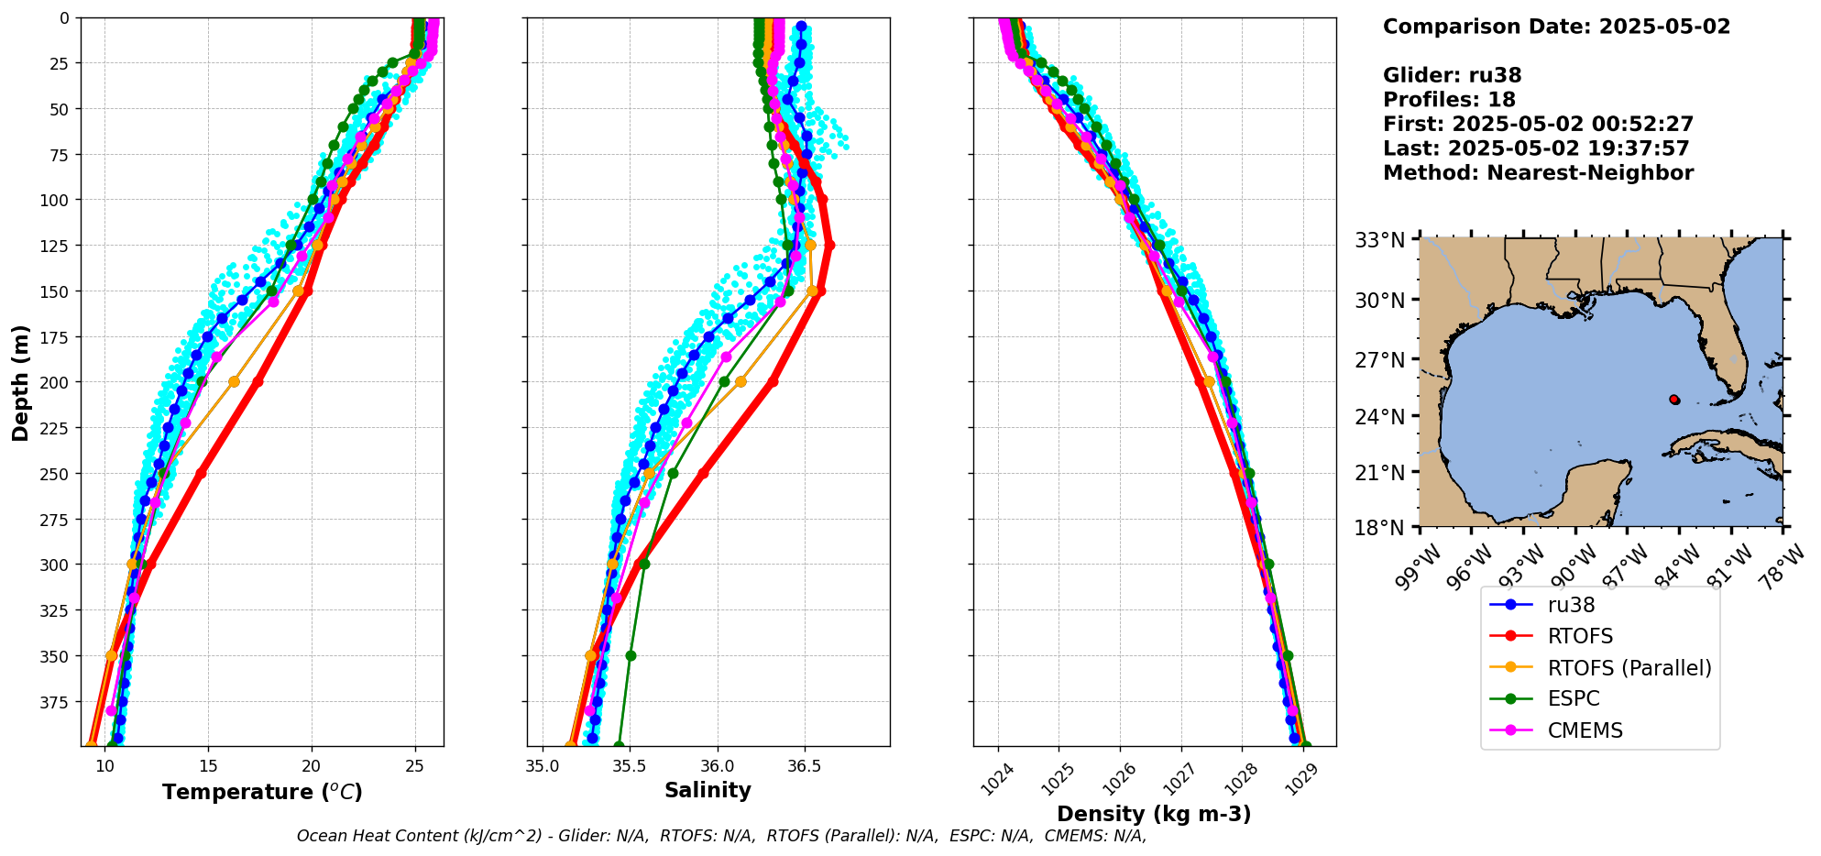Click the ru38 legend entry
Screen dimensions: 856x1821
[x=1571, y=605]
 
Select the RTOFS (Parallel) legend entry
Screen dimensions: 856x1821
[x=1629, y=668]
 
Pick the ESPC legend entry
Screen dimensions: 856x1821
[x=1573, y=698]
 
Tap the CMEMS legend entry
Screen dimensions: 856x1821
[x=1585, y=730]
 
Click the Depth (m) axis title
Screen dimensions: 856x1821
[x=21, y=382]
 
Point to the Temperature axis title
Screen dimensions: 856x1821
[x=262, y=792]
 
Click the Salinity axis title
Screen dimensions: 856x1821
[x=708, y=790]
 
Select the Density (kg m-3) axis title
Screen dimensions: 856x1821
[x=1153, y=814]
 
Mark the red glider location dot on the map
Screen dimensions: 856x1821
[x=1674, y=400]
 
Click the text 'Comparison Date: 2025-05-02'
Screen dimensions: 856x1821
[x=1556, y=27]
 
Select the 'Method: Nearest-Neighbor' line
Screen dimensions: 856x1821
[x=1538, y=173]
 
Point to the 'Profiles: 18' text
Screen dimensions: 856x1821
[x=1449, y=100]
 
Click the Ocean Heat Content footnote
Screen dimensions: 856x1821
[x=721, y=836]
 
